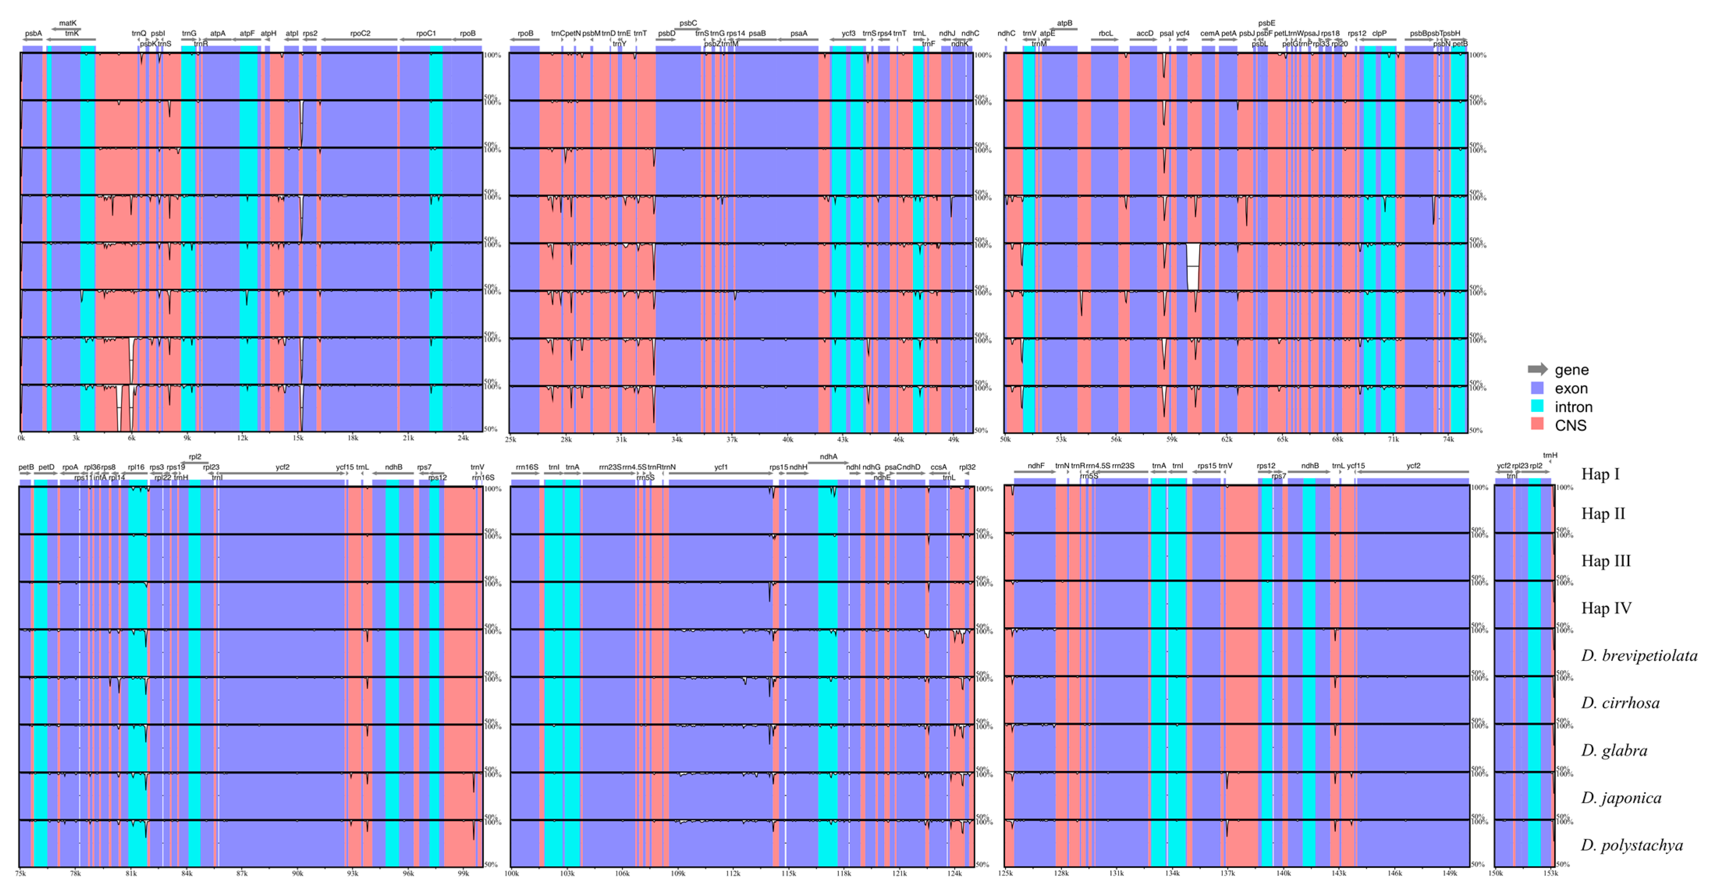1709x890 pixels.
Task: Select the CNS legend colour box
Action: (1537, 425)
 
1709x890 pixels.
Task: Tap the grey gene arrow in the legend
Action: (1537, 370)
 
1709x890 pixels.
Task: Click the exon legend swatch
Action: (1537, 388)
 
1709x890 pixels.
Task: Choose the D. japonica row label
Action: (1621, 798)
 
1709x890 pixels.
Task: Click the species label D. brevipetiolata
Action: (1639, 656)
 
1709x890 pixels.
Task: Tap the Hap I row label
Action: (1600, 474)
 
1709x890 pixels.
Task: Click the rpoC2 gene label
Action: (360, 33)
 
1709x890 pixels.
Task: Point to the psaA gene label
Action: (799, 33)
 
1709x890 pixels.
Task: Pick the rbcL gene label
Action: (1105, 33)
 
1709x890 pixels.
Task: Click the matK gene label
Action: (68, 23)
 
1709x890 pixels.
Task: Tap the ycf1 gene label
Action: (721, 467)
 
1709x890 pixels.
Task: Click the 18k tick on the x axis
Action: (353, 438)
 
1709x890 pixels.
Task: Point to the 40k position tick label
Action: (787, 439)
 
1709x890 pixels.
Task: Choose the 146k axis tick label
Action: (1394, 873)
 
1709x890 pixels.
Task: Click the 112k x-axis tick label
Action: (732, 873)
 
